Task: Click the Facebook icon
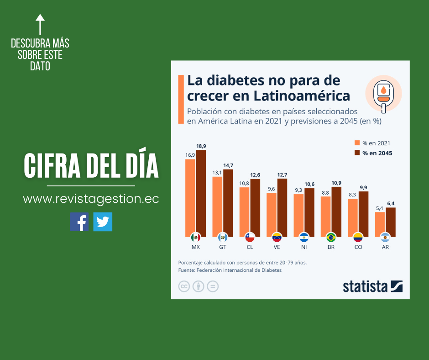tap(79, 222)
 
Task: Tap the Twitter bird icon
tap(103, 222)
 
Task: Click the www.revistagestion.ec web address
tap(91, 199)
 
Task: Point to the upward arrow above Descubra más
tap(40, 24)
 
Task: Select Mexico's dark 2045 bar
tap(201, 192)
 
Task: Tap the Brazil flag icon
tap(331, 237)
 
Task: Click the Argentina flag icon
tap(385, 237)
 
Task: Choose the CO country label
tap(358, 247)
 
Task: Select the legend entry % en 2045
tap(377, 153)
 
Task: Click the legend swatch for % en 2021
tap(357, 143)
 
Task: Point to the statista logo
tap(372, 286)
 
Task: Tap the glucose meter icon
tap(383, 94)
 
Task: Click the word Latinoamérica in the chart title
tap(302, 96)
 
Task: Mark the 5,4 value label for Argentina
tap(380, 208)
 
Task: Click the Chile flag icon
tap(250, 237)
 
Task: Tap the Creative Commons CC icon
tap(184, 286)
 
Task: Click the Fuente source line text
tap(230, 270)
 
